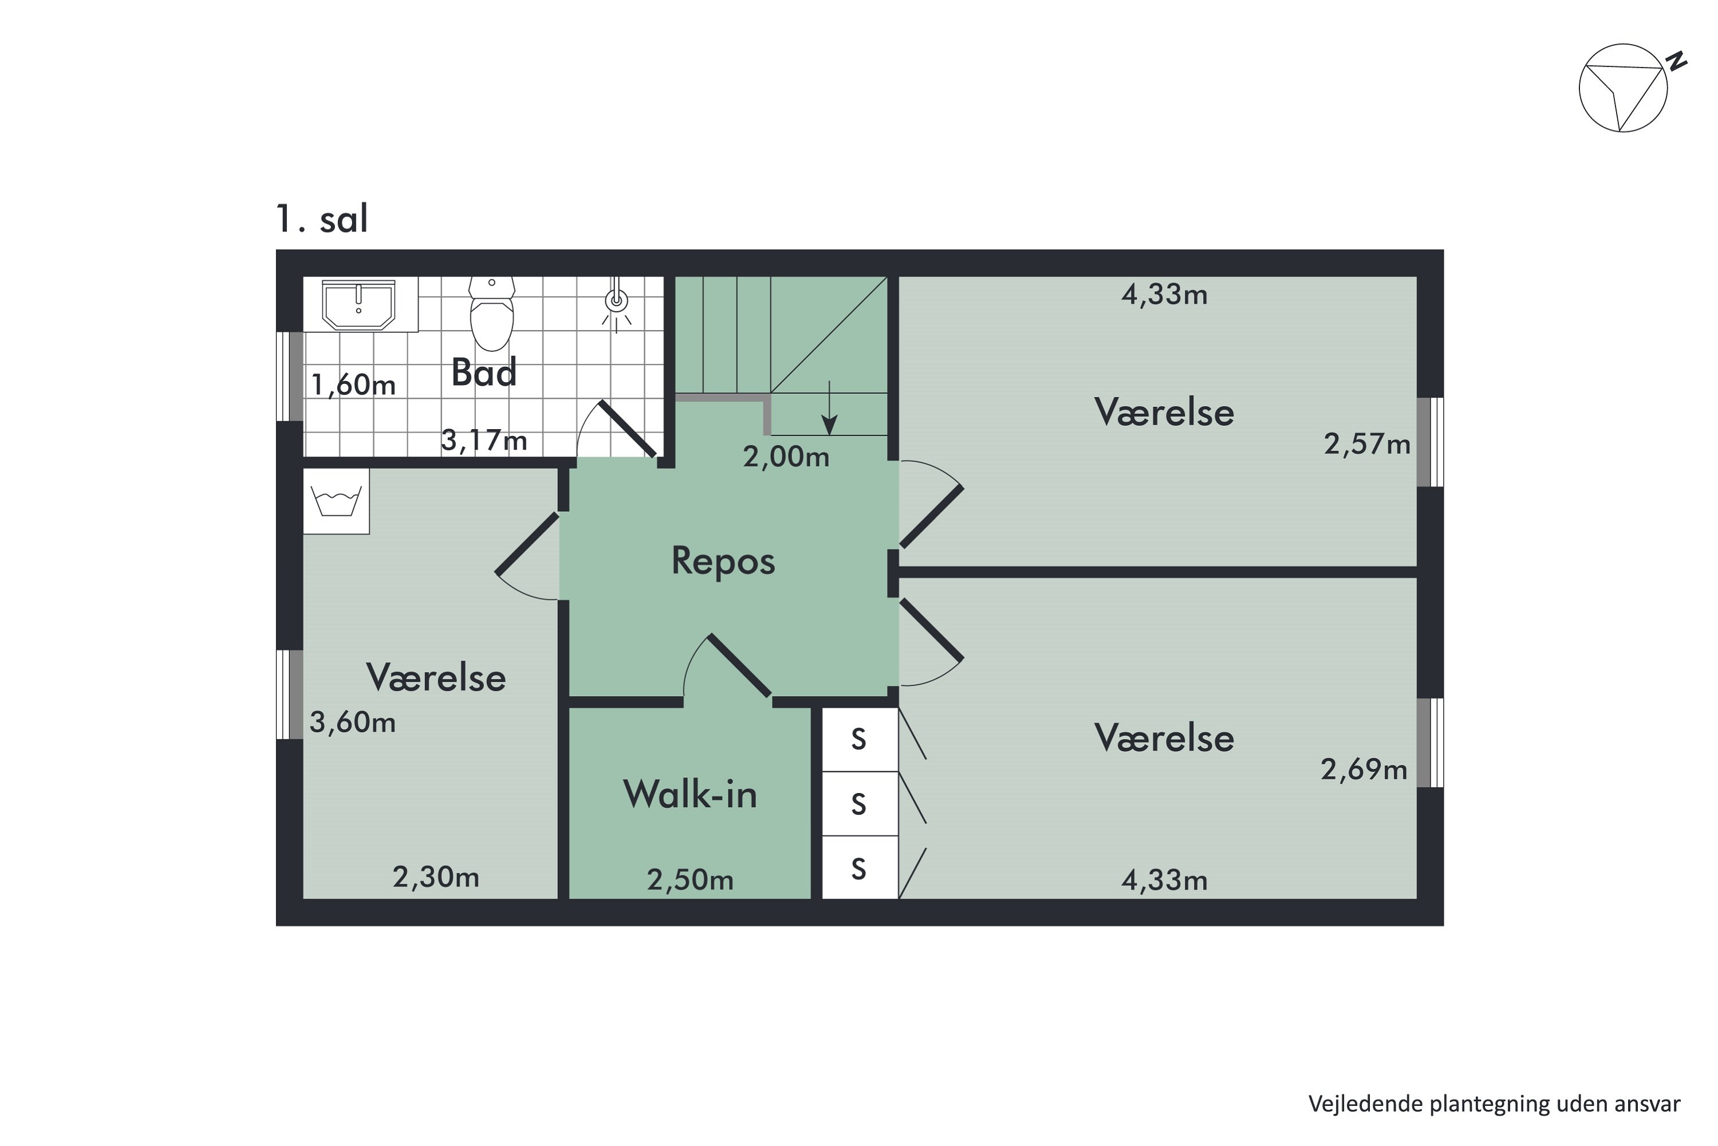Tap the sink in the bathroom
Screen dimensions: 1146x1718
click(x=358, y=305)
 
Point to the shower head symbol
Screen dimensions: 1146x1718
click(x=617, y=300)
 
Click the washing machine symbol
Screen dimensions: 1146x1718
click(x=336, y=501)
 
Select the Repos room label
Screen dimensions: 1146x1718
click(x=723, y=562)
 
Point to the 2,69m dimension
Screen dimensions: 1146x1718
click(x=1364, y=770)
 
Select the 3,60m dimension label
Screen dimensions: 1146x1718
click(x=353, y=722)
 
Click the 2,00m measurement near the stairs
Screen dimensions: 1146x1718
click(x=786, y=457)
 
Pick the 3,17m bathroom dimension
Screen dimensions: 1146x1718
click(x=483, y=440)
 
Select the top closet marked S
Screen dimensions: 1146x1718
click(x=859, y=740)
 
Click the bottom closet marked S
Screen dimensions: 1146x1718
click(x=859, y=869)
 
